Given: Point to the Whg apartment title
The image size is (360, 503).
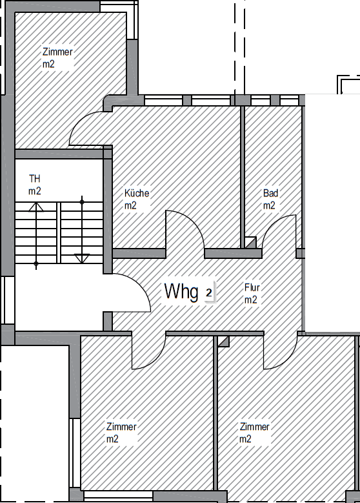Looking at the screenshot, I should (x=181, y=291).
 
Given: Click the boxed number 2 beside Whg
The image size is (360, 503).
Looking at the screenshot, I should (x=208, y=293).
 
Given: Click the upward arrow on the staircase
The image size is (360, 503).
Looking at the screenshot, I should (x=36, y=207).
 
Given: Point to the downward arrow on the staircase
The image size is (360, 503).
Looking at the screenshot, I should (x=82, y=258).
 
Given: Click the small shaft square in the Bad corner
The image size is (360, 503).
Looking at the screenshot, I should (x=250, y=243).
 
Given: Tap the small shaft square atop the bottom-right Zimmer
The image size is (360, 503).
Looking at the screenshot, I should (x=223, y=340).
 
